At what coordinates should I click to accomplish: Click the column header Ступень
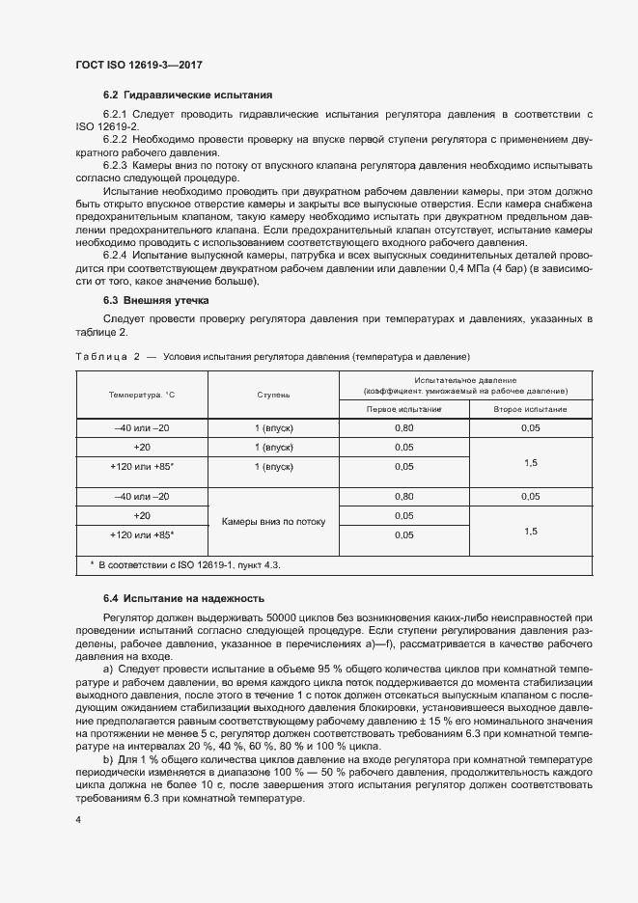tap(273, 396)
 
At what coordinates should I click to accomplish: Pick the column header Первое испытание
tap(403, 409)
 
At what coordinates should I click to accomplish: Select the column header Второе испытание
tap(530, 409)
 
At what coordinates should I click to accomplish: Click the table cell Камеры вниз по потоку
tap(273, 521)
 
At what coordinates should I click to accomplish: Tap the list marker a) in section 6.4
tap(106, 668)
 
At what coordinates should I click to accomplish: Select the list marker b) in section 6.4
tap(106, 757)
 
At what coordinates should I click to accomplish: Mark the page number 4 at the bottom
tap(78, 819)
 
